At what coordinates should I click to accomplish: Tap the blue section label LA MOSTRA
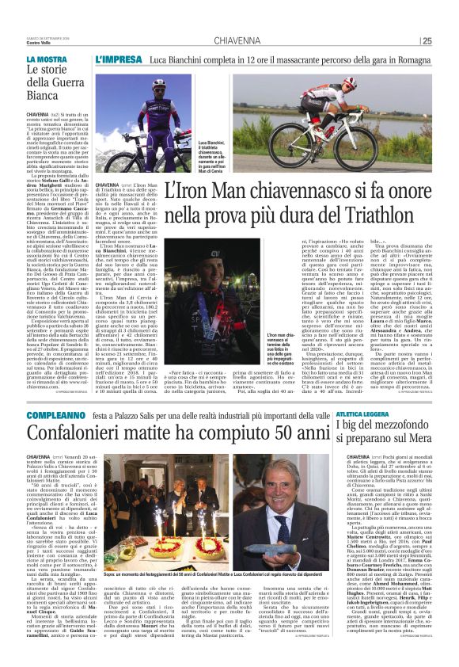click(46, 59)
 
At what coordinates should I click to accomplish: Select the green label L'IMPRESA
click(118, 59)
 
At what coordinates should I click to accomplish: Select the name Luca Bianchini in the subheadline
click(178, 59)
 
